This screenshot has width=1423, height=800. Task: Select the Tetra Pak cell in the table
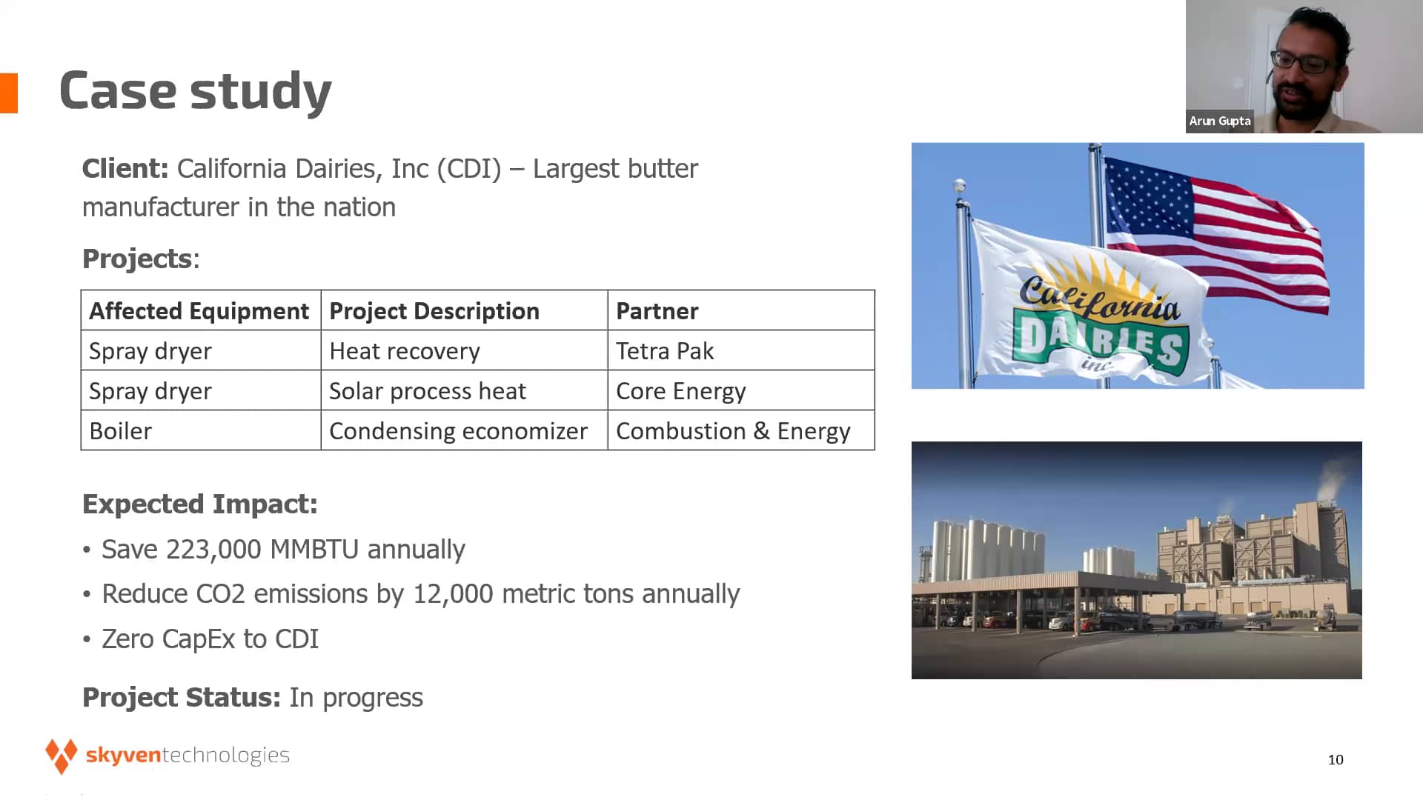pyautogui.click(x=741, y=350)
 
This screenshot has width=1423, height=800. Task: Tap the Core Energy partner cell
pyautogui.click(x=741, y=390)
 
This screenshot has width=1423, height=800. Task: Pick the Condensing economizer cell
pyautogui.click(x=464, y=430)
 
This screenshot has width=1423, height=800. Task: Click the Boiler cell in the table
pyautogui.click(x=201, y=430)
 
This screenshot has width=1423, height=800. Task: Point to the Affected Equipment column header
pyautogui.click(x=201, y=310)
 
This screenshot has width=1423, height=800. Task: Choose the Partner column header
pyautogui.click(x=741, y=310)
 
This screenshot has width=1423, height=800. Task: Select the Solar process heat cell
pyautogui.click(x=464, y=390)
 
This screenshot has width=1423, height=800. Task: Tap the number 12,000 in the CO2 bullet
pyautogui.click(x=453, y=594)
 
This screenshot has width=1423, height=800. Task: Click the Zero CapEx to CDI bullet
pyautogui.click(x=210, y=639)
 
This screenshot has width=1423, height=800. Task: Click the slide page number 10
pyautogui.click(x=1336, y=759)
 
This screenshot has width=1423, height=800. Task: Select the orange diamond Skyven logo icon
pyautogui.click(x=62, y=756)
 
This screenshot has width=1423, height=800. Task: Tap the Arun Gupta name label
pyautogui.click(x=1220, y=121)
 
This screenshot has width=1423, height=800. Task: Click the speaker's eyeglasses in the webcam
pyautogui.click(x=1308, y=61)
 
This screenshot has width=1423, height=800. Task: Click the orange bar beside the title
pyautogui.click(x=9, y=93)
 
